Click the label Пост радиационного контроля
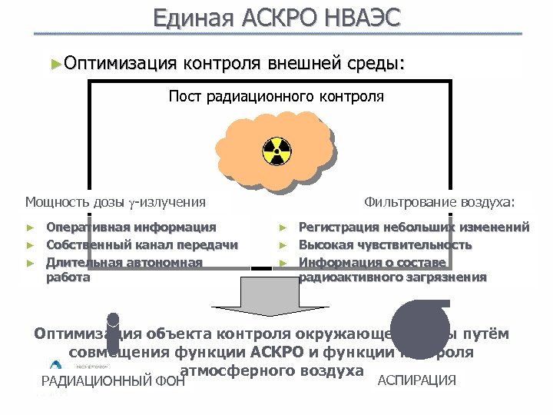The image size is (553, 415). pyautogui.click(x=276, y=97)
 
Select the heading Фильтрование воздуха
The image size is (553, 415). pyautogui.click(x=439, y=202)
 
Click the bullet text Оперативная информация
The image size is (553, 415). pyautogui.click(x=131, y=227)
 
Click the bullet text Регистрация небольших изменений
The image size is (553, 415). pyautogui.click(x=413, y=227)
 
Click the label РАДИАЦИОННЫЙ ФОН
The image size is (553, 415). pyautogui.click(x=114, y=380)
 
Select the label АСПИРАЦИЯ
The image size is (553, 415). pyautogui.click(x=417, y=380)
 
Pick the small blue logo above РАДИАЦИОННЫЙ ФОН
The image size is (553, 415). pyautogui.click(x=57, y=366)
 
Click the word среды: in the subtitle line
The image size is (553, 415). pyautogui.click(x=372, y=62)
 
